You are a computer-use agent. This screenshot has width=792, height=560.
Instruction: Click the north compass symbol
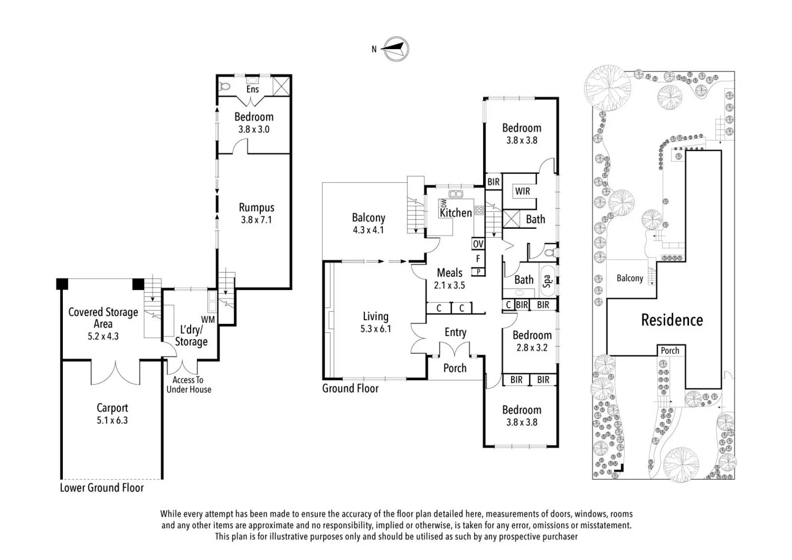click(396, 49)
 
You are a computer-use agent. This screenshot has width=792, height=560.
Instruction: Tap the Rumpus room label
click(256, 207)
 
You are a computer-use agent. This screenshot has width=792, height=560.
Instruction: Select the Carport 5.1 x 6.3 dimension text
click(112, 420)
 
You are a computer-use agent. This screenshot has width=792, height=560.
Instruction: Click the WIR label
click(522, 191)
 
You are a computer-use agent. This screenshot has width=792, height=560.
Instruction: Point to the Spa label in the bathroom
click(547, 281)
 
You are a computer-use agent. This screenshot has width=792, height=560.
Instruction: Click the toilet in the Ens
click(225, 86)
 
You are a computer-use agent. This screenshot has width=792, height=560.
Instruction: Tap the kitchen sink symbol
click(456, 194)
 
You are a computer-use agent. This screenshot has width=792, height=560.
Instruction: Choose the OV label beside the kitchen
click(478, 244)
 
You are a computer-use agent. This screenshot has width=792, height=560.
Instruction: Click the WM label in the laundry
click(208, 319)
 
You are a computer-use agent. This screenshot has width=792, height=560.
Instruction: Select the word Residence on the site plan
click(672, 320)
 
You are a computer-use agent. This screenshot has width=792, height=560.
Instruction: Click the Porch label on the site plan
click(670, 351)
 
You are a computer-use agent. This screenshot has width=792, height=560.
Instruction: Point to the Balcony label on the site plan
click(630, 278)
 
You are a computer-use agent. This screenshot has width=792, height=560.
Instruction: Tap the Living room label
click(376, 316)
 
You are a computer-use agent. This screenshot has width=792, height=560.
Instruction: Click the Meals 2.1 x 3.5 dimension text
click(449, 285)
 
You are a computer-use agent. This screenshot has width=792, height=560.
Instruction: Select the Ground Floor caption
click(350, 388)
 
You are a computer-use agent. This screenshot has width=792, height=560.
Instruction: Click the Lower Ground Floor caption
click(102, 488)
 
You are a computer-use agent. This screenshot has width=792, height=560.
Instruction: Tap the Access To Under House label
click(189, 385)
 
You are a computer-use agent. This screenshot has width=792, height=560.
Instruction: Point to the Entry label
click(455, 332)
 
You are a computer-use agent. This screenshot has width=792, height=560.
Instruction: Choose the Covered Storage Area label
click(103, 318)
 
